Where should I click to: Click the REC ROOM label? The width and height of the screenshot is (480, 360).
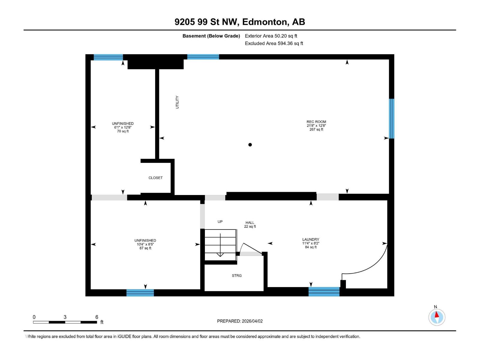click(x=316, y=125)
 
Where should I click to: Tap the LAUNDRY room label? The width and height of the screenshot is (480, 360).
click(x=310, y=243)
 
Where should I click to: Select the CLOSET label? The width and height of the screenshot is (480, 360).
click(x=155, y=178)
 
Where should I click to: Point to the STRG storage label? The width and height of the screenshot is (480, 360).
click(x=236, y=275)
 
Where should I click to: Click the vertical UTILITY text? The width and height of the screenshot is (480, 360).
click(x=177, y=102)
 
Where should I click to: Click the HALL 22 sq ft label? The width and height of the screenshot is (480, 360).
click(x=250, y=224)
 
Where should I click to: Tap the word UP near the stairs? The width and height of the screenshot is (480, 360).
click(x=220, y=222)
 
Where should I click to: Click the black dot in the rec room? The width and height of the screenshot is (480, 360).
click(x=250, y=145)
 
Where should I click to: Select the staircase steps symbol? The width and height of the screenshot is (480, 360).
click(x=220, y=244)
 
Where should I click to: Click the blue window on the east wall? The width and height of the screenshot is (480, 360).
click(x=391, y=118)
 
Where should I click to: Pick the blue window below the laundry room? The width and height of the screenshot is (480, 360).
click(x=324, y=292)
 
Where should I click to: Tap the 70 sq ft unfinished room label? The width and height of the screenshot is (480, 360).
click(x=123, y=127)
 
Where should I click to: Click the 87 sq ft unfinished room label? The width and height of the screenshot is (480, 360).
click(x=145, y=244)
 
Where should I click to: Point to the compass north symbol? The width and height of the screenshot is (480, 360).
click(x=436, y=317)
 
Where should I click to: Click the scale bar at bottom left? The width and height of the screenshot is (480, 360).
click(x=65, y=322)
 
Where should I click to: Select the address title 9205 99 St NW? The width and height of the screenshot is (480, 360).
click(x=240, y=22)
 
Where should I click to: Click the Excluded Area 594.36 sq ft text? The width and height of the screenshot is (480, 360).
click(x=274, y=43)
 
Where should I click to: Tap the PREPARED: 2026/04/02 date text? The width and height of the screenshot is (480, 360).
click(x=240, y=321)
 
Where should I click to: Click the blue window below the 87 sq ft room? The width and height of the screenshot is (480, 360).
click(x=140, y=292)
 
